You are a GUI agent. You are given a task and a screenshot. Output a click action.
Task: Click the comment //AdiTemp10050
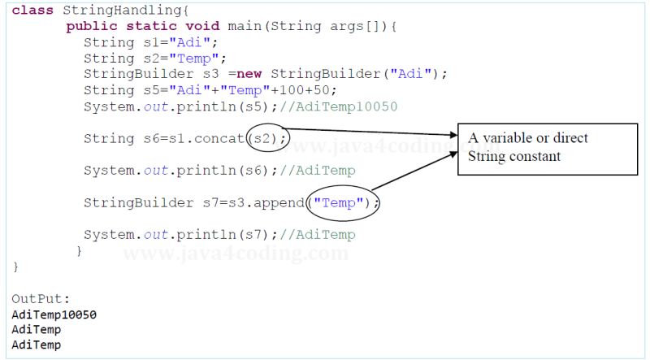click(x=335, y=106)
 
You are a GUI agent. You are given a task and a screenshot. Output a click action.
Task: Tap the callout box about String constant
click(x=547, y=148)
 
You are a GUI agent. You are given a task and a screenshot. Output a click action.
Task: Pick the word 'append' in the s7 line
click(x=278, y=202)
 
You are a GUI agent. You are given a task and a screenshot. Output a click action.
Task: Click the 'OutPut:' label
click(x=36, y=298)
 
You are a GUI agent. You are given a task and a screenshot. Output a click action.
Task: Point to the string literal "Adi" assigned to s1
click(x=192, y=42)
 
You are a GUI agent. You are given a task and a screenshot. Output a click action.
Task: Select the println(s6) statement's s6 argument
click(x=254, y=171)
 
